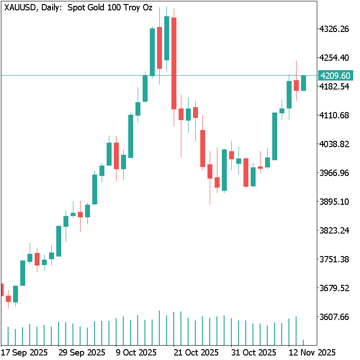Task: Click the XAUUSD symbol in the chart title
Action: pos(18,8)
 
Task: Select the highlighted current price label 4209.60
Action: pos(335,76)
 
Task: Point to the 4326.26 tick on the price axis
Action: pos(334,29)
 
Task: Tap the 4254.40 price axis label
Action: pos(334,58)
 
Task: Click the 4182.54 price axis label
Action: pos(334,86)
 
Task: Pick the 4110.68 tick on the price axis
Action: pos(334,115)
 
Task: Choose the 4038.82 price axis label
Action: pos(334,144)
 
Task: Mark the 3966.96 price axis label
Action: pos(334,173)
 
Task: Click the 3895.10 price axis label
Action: pos(334,202)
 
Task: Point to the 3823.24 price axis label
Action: pos(334,230)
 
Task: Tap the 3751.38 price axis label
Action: pos(334,259)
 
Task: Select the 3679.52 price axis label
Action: pos(334,288)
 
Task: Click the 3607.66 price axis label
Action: pos(334,317)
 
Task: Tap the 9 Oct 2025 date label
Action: pos(135,352)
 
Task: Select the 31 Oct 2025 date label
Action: pos(254,352)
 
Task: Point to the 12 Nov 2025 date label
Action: pos(311,352)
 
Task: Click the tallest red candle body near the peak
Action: pos(174,63)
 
